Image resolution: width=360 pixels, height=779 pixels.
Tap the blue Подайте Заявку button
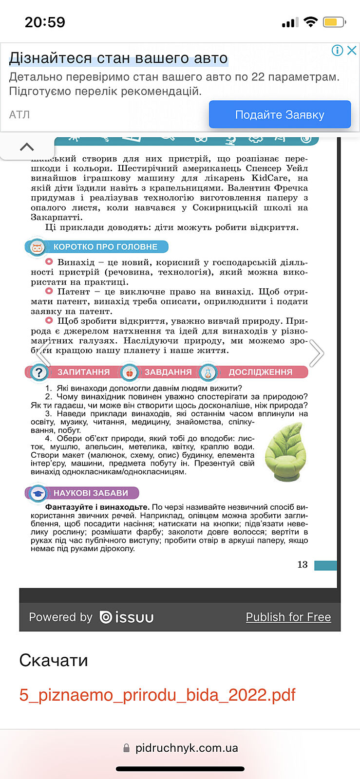280,115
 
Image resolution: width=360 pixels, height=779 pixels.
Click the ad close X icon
352,50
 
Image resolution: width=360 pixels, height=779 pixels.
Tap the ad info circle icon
337,50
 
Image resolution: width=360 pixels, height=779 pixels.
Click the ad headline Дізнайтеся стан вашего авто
118,58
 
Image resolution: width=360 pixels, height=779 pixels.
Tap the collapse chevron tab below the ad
27,147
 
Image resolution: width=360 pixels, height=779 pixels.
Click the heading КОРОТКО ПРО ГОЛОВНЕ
105,247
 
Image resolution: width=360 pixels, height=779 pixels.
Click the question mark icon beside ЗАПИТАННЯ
38,372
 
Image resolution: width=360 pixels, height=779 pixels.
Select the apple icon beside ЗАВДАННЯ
130,373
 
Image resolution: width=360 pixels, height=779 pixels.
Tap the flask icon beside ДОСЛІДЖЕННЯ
208,373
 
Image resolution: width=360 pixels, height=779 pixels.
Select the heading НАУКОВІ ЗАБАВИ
91,493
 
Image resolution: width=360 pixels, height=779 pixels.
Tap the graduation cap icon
38,494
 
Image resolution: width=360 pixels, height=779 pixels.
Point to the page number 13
303,564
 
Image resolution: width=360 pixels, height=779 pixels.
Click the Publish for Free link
288,617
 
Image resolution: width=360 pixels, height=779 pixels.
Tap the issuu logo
127,617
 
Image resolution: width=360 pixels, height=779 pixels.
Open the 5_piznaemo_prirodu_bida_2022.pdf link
157,695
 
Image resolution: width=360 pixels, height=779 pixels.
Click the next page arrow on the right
317,353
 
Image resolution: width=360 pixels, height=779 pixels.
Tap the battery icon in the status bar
334,22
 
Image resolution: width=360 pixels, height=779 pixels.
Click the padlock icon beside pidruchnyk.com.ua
127,748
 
